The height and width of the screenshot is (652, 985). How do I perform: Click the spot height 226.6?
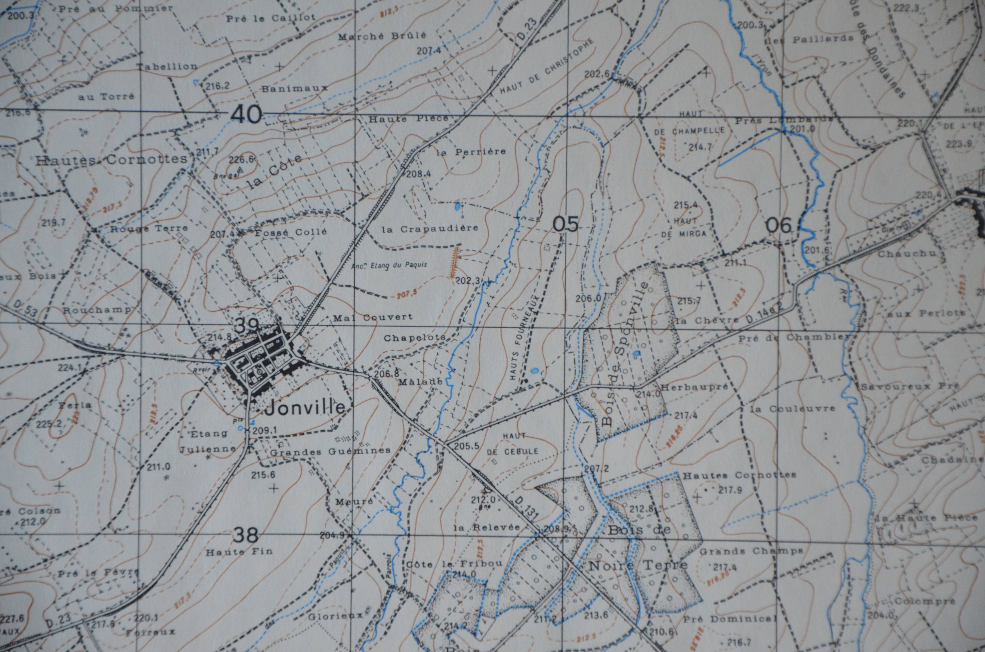(x=244, y=159)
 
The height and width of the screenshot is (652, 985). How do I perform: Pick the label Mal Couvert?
(x=373, y=317)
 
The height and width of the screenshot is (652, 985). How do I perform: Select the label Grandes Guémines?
(x=330, y=451)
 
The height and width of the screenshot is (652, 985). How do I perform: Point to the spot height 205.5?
(x=467, y=446)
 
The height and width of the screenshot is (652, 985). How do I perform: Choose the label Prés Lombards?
(x=784, y=120)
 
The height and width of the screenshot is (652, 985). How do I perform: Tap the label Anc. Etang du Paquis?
(x=389, y=265)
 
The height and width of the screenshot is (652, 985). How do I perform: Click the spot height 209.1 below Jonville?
(x=264, y=431)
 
